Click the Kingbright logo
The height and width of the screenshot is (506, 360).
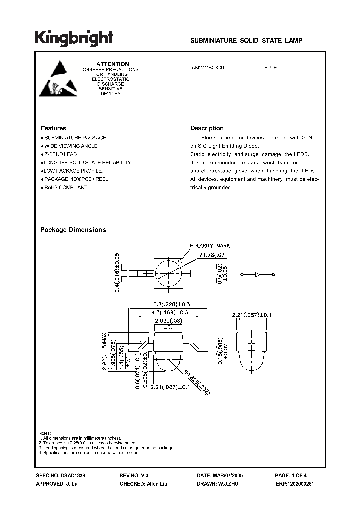click(74, 38)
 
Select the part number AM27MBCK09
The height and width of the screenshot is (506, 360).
click(211, 68)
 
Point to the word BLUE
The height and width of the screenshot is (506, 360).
click(270, 68)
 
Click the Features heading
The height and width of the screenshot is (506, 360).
click(53, 128)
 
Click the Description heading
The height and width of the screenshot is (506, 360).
click(207, 128)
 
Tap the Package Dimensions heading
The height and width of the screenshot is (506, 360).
click(73, 230)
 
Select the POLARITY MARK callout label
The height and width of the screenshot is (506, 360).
click(209, 246)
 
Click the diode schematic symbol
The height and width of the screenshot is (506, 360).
click(258, 274)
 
